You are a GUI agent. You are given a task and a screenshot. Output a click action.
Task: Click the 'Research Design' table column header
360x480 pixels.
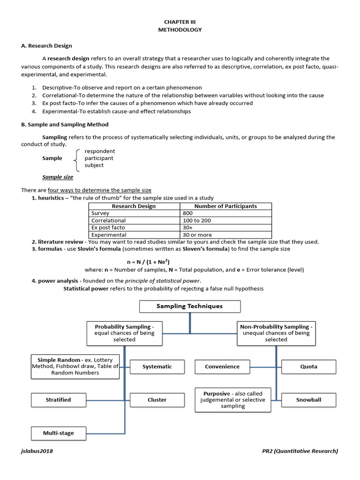click(134, 206)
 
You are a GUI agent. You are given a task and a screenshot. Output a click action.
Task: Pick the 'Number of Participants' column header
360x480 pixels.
click(225, 206)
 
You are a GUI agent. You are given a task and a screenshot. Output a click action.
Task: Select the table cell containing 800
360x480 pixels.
click(188, 213)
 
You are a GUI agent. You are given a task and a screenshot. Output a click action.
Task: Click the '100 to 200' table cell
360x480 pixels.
click(197, 220)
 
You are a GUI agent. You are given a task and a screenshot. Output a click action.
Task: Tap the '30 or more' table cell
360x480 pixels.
click(197, 235)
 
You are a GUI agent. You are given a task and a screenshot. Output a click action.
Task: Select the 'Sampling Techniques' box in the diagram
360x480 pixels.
click(189, 307)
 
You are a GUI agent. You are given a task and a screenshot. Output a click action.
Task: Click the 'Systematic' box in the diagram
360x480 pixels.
click(157, 367)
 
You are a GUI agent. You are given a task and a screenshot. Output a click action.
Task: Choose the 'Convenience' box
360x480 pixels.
click(222, 367)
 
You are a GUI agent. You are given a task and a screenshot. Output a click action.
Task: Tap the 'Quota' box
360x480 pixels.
click(308, 367)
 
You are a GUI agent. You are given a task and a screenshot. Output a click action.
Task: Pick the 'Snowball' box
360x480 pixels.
click(308, 400)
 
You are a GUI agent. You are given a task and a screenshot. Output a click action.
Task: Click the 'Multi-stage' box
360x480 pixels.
click(59, 433)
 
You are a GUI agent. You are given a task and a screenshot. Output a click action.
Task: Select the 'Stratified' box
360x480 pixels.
click(59, 400)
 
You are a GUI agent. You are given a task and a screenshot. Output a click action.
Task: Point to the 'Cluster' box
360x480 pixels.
click(157, 400)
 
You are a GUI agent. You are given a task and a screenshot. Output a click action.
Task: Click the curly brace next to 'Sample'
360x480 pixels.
click(76, 158)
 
